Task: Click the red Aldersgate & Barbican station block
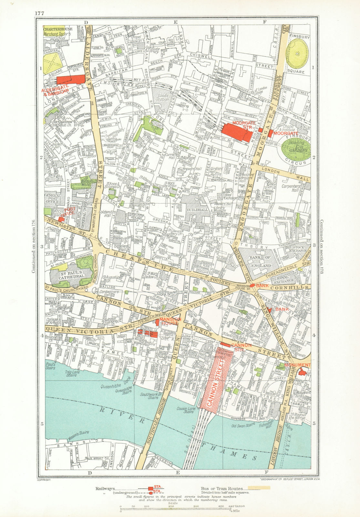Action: pyautogui.click(x=71, y=80)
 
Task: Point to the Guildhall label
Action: pyautogui.click(x=194, y=210)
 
